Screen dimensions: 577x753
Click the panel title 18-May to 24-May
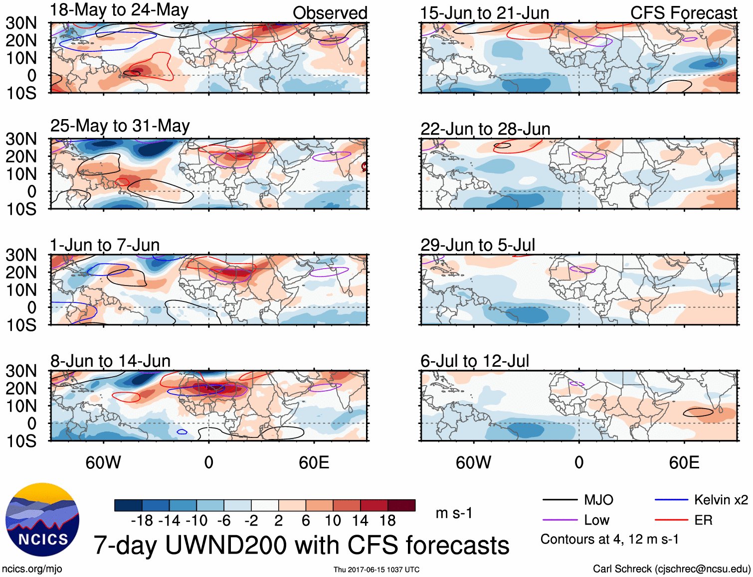point(119,10)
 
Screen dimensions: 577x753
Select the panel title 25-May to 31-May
point(120,126)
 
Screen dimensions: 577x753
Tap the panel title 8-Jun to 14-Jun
point(110,361)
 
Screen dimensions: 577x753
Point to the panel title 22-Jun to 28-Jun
point(485,129)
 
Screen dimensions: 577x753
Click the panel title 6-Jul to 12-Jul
point(475,361)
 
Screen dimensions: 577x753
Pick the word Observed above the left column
point(330,13)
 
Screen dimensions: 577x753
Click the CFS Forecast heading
point(683,13)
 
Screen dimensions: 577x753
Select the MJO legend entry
point(578,500)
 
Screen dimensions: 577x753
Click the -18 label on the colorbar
point(142,521)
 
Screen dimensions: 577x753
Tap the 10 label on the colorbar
point(333,521)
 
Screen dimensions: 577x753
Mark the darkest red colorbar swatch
point(401,505)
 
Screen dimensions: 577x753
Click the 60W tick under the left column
point(103,462)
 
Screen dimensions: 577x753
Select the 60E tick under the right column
point(684,462)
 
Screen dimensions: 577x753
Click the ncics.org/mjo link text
point(32,569)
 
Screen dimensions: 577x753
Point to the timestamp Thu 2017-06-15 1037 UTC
point(376,570)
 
